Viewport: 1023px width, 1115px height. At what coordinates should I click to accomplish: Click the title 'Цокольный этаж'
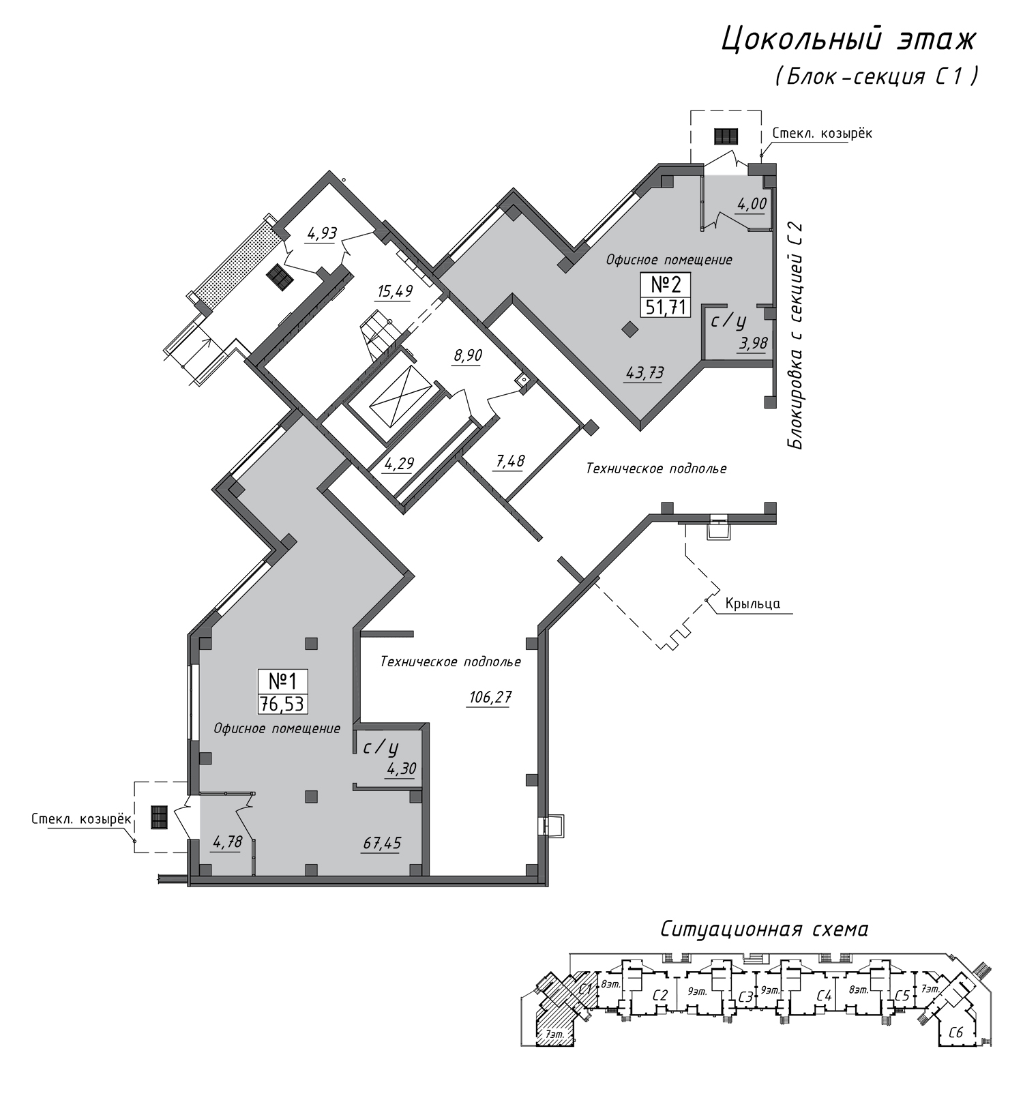point(849,40)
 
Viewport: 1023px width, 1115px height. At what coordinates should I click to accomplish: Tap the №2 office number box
point(666,294)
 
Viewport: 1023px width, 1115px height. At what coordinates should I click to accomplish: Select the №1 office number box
point(282,691)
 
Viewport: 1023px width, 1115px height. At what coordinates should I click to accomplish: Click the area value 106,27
point(490,697)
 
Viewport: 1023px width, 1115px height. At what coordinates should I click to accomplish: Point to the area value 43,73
point(644,372)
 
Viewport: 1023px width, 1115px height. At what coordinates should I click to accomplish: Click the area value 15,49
point(395,291)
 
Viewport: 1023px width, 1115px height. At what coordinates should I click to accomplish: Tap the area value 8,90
point(467,355)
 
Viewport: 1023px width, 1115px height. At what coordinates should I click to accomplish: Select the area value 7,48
point(509,461)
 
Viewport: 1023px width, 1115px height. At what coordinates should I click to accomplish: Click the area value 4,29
point(399,464)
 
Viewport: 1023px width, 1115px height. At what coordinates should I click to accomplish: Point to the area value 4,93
point(322,234)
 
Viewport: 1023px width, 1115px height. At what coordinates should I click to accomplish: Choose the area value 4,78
point(227,842)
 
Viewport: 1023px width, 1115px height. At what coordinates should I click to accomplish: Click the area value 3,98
point(753,343)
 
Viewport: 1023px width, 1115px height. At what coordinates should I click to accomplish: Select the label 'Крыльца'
point(753,604)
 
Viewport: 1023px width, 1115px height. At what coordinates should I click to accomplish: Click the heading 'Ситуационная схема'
point(764,929)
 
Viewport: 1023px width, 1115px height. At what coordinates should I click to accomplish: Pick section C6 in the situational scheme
point(955,1032)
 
